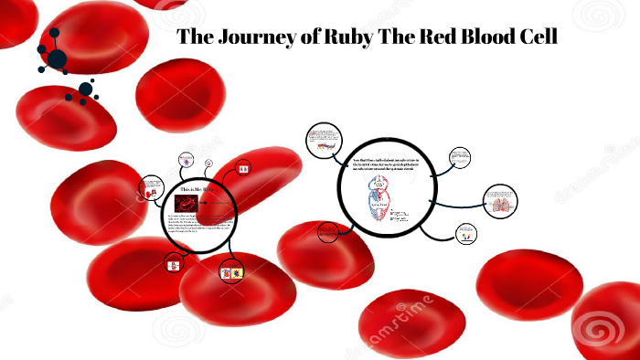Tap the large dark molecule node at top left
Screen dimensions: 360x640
coord(57,58)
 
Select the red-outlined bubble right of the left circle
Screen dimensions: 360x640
coord(244,169)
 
